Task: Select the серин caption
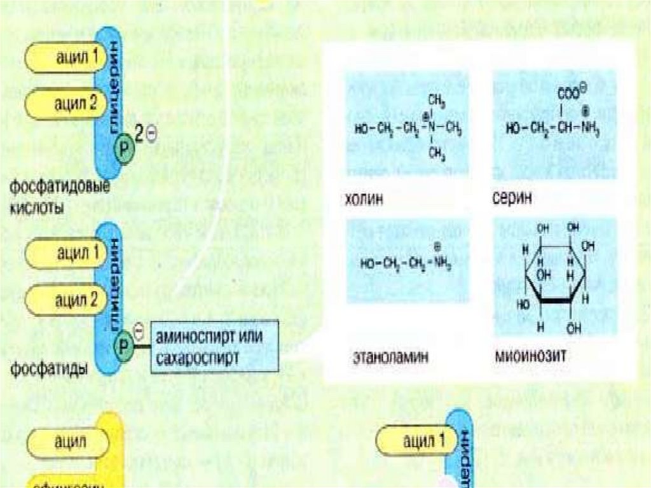[512, 199]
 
